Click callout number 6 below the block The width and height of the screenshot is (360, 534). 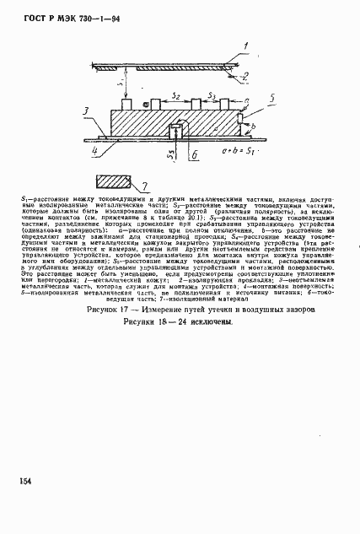tap(195, 157)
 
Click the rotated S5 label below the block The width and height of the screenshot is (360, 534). tap(169, 154)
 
